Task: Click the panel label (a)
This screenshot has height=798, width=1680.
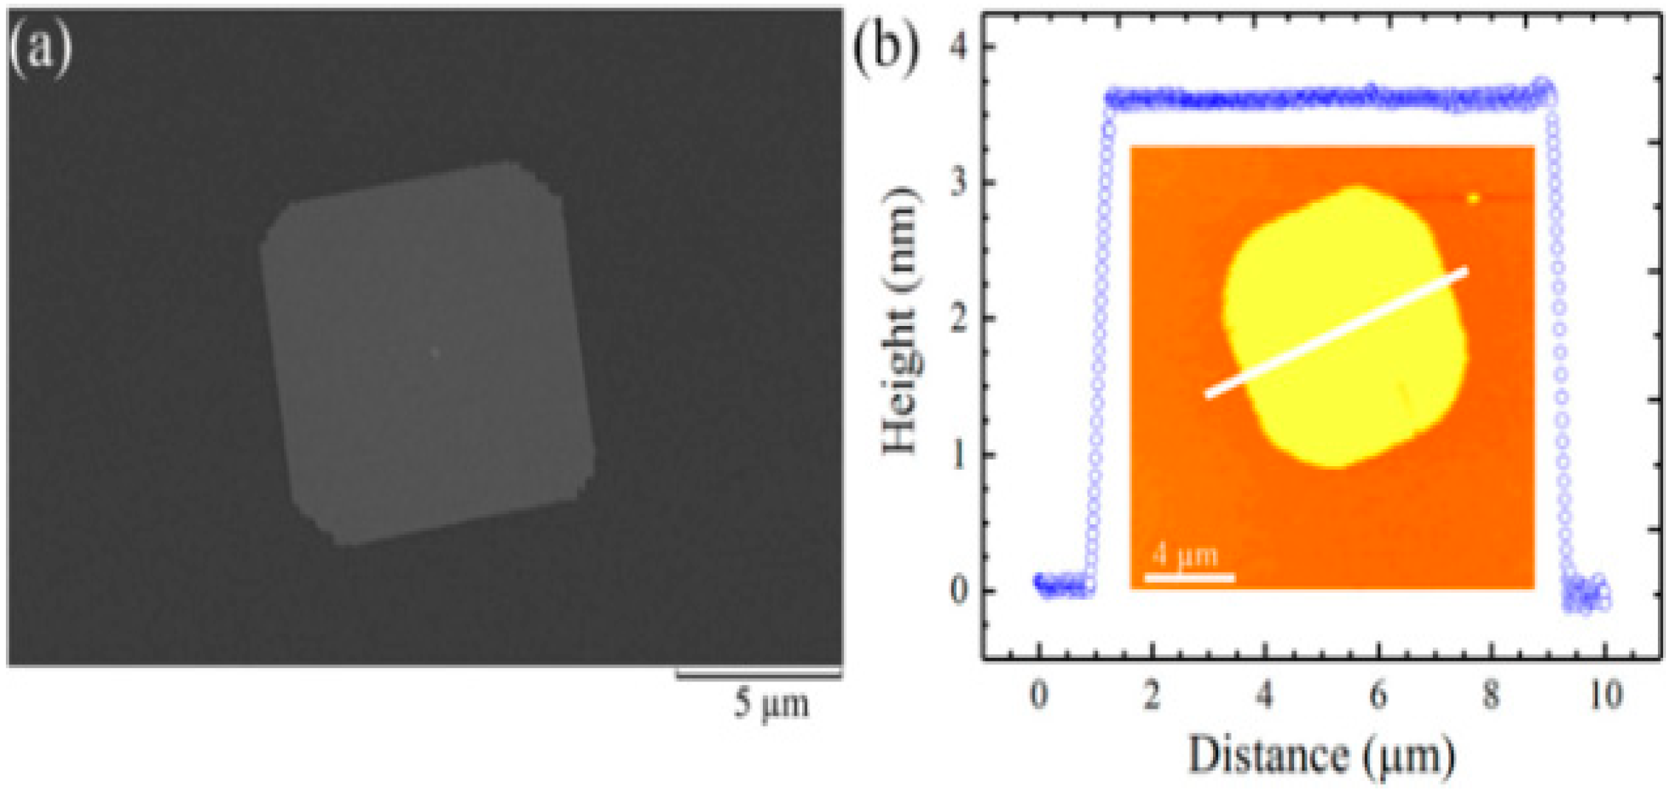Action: pyautogui.click(x=41, y=49)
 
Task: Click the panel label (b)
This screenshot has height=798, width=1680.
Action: pyautogui.click(x=886, y=49)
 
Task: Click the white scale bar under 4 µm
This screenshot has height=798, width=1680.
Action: pyautogui.click(x=1189, y=577)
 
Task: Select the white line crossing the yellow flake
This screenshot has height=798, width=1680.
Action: pyautogui.click(x=1336, y=333)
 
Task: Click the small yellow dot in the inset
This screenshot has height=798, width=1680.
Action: pyautogui.click(x=1473, y=198)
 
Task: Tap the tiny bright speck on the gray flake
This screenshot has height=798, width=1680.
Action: pyautogui.click(x=435, y=353)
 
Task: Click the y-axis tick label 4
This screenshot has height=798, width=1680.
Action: pyautogui.click(x=958, y=46)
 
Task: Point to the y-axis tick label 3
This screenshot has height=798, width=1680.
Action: pyautogui.click(x=958, y=182)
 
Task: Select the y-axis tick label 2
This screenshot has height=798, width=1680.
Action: pyautogui.click(x=958, y=319)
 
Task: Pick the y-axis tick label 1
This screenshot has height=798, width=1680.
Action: pyautogui.click(x=958, y=454)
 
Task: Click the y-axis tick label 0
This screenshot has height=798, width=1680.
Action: pyautogui.click(x=958, y=590)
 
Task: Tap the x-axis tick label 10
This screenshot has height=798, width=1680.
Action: pyautogui.click(x=1605, y=695)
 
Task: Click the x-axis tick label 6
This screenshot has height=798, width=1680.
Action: pyautogui.click(x=1378, y=695)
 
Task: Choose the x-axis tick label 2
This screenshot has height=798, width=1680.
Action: pyautogui.click(x=1152, y=695)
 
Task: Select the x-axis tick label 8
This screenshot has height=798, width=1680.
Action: pyautogui.click(x=1491, y=695)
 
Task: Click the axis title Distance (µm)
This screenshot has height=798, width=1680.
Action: pyautogui.click(x=1321, y=756)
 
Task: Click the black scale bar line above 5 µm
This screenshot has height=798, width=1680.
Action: pyautogui.click(x=759, y=673)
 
